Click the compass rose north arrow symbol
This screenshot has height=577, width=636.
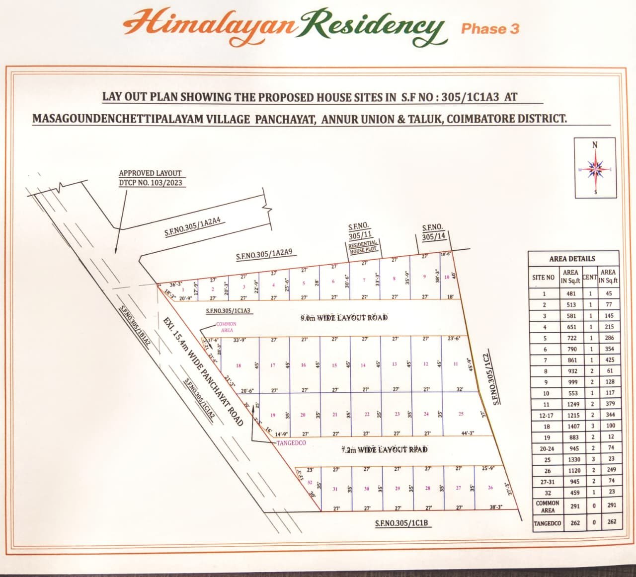595,169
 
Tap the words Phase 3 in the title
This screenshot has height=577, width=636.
490,28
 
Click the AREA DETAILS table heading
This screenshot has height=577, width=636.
572,259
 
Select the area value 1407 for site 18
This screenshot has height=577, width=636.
571,426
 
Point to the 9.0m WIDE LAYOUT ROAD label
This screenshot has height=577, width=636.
344,318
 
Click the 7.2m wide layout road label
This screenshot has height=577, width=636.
385,450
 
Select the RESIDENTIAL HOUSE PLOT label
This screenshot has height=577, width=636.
364,248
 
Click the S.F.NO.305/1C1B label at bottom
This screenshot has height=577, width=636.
405,524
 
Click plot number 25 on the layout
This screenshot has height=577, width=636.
461,414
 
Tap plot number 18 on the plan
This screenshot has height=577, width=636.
238,365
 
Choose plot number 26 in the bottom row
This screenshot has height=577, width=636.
490,488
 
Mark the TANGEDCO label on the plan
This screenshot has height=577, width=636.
291,442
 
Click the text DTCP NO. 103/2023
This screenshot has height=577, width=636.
151,182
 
